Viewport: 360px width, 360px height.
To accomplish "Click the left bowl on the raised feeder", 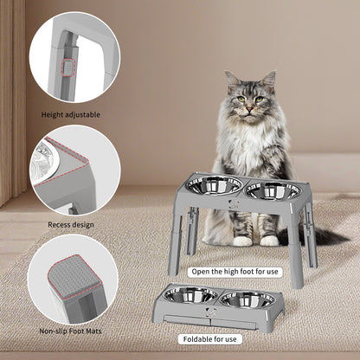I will pyautogui.click(x=213, y=186).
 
